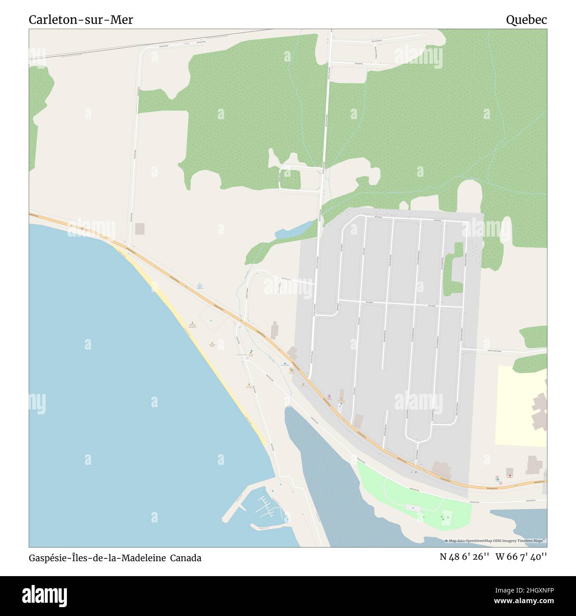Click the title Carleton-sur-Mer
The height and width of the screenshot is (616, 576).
coord(81,20)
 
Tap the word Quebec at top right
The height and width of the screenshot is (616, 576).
coord(526,20)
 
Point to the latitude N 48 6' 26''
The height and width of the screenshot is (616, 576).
coord(464,557)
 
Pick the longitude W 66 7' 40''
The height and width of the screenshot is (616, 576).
coord(521,557)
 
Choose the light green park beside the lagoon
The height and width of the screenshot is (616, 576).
coord(412,496)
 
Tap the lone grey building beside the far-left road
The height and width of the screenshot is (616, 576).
coord(140,229)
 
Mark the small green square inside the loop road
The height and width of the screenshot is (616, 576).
coord(291,179)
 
